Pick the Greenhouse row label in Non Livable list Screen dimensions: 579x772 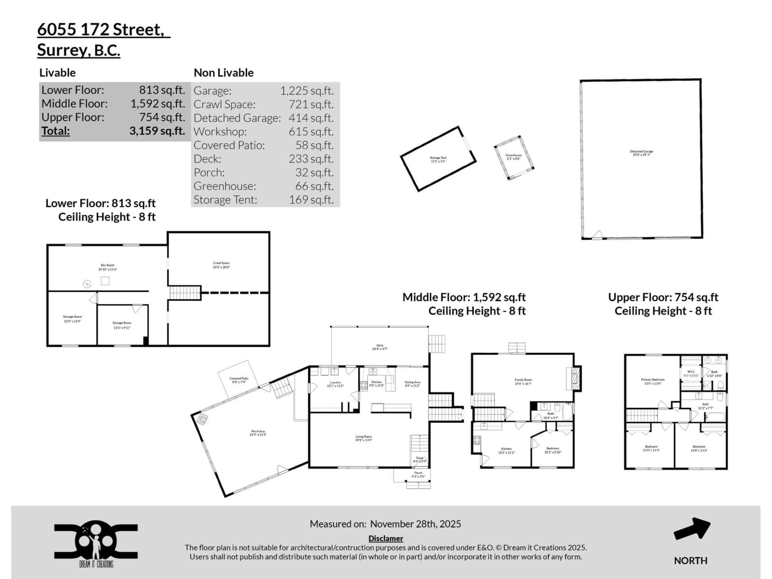coord(225,186)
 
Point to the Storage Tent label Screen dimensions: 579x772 coord(438,159)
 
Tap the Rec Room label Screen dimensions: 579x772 coord(108,267)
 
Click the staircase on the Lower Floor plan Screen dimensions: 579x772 coord(185,293)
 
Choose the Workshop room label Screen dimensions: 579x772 coord(258,433)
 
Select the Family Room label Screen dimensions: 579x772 coord(523,381)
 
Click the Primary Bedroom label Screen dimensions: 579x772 coord(653,381)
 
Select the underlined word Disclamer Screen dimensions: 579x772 coord(386,538)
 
